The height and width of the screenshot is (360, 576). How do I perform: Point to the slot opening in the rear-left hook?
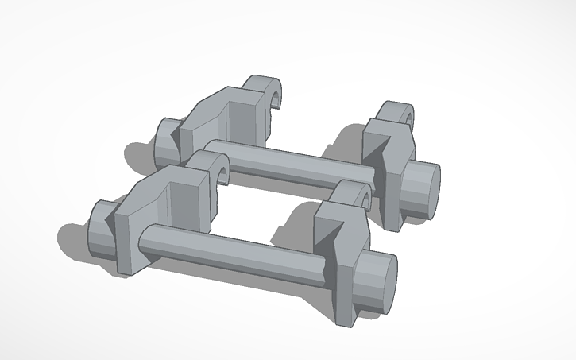[277, 99]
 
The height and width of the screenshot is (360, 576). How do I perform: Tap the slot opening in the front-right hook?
[365, 198]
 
